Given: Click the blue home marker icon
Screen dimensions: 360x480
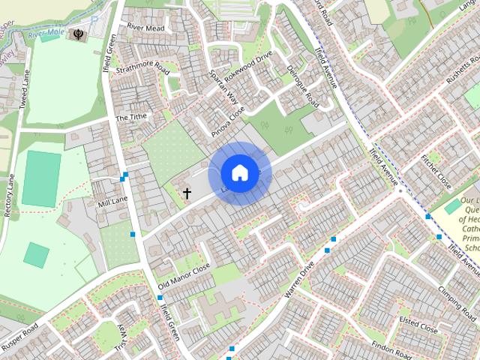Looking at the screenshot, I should click(239, 173).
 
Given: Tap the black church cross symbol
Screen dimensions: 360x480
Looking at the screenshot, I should click(187, 193).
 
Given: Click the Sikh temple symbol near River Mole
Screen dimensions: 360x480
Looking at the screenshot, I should click(78, 34).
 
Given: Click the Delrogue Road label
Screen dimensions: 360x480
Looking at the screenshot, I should click(303, 86).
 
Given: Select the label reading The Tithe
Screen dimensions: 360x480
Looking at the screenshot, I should click(131, 117).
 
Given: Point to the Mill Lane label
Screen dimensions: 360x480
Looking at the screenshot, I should click(113, 201).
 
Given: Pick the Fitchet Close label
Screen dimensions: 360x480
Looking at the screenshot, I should click(435, 171).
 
